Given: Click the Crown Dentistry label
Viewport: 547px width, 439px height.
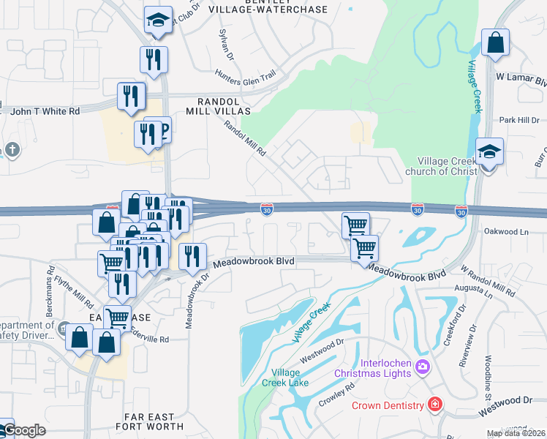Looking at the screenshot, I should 388,405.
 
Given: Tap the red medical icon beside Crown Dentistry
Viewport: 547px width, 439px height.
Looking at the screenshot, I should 435,405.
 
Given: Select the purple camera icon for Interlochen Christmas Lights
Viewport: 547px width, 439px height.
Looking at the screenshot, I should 421,366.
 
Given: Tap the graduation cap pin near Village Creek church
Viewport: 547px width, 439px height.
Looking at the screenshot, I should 489,151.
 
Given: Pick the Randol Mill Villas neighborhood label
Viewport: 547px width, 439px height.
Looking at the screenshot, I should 223,105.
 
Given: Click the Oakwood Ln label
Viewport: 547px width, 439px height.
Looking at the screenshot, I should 505,230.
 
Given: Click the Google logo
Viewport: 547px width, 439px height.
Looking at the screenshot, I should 23,430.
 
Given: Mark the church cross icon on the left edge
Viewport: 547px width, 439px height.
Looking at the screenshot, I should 12,150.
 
